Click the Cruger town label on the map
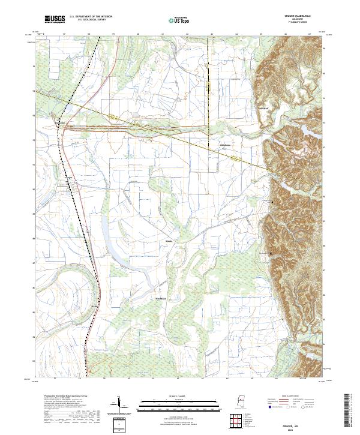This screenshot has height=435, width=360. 68,177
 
